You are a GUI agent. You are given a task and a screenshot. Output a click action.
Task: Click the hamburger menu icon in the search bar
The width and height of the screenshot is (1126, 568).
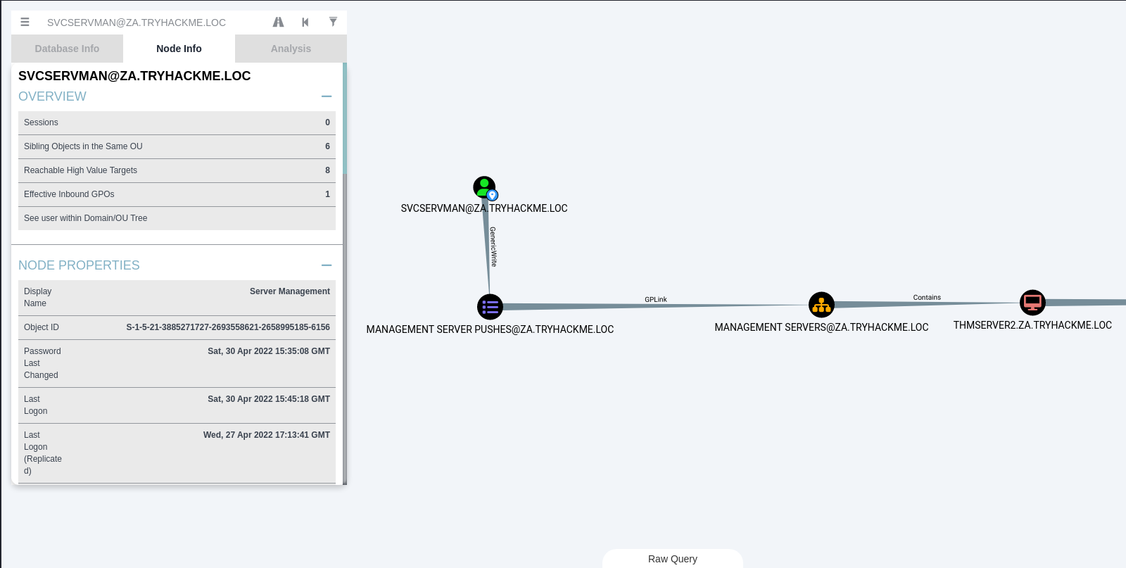25,23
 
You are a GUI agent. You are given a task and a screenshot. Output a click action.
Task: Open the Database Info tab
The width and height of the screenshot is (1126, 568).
67,49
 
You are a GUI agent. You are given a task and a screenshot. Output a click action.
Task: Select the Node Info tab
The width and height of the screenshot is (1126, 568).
179,49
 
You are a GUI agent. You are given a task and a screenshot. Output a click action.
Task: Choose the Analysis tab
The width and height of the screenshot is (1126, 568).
291,49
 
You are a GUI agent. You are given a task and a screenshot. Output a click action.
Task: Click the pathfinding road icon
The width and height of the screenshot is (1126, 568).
279,23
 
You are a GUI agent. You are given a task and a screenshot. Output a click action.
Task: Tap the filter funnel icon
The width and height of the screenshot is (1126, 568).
333,22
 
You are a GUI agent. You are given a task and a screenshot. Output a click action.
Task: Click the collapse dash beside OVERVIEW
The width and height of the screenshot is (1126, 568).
327,96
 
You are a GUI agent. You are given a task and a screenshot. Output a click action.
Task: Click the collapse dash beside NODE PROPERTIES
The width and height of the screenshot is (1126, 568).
327,265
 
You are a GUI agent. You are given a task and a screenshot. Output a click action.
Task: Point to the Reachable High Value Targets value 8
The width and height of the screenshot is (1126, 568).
327,170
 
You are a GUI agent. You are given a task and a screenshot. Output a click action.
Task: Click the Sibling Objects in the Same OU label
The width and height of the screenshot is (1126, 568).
83,146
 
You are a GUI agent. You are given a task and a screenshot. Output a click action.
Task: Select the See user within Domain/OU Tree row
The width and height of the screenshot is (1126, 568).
86,218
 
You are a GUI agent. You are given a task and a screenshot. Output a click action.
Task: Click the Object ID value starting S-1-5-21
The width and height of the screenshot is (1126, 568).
227,327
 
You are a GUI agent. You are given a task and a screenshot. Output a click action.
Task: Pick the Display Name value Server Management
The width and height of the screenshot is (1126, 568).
289,291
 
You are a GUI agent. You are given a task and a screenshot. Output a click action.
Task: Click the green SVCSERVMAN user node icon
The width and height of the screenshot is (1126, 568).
484,187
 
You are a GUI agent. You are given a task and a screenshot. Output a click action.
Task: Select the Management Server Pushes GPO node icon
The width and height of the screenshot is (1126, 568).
490,307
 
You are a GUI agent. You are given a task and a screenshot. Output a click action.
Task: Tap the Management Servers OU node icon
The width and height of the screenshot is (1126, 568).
821,305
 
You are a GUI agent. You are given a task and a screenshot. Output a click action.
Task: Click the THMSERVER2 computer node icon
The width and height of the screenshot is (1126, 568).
1032,303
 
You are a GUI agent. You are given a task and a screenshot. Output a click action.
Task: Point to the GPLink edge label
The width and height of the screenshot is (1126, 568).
656,300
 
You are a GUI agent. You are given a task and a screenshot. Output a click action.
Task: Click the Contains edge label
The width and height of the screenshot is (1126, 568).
927,298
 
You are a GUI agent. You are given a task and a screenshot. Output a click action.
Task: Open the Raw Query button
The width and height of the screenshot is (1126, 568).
672,559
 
